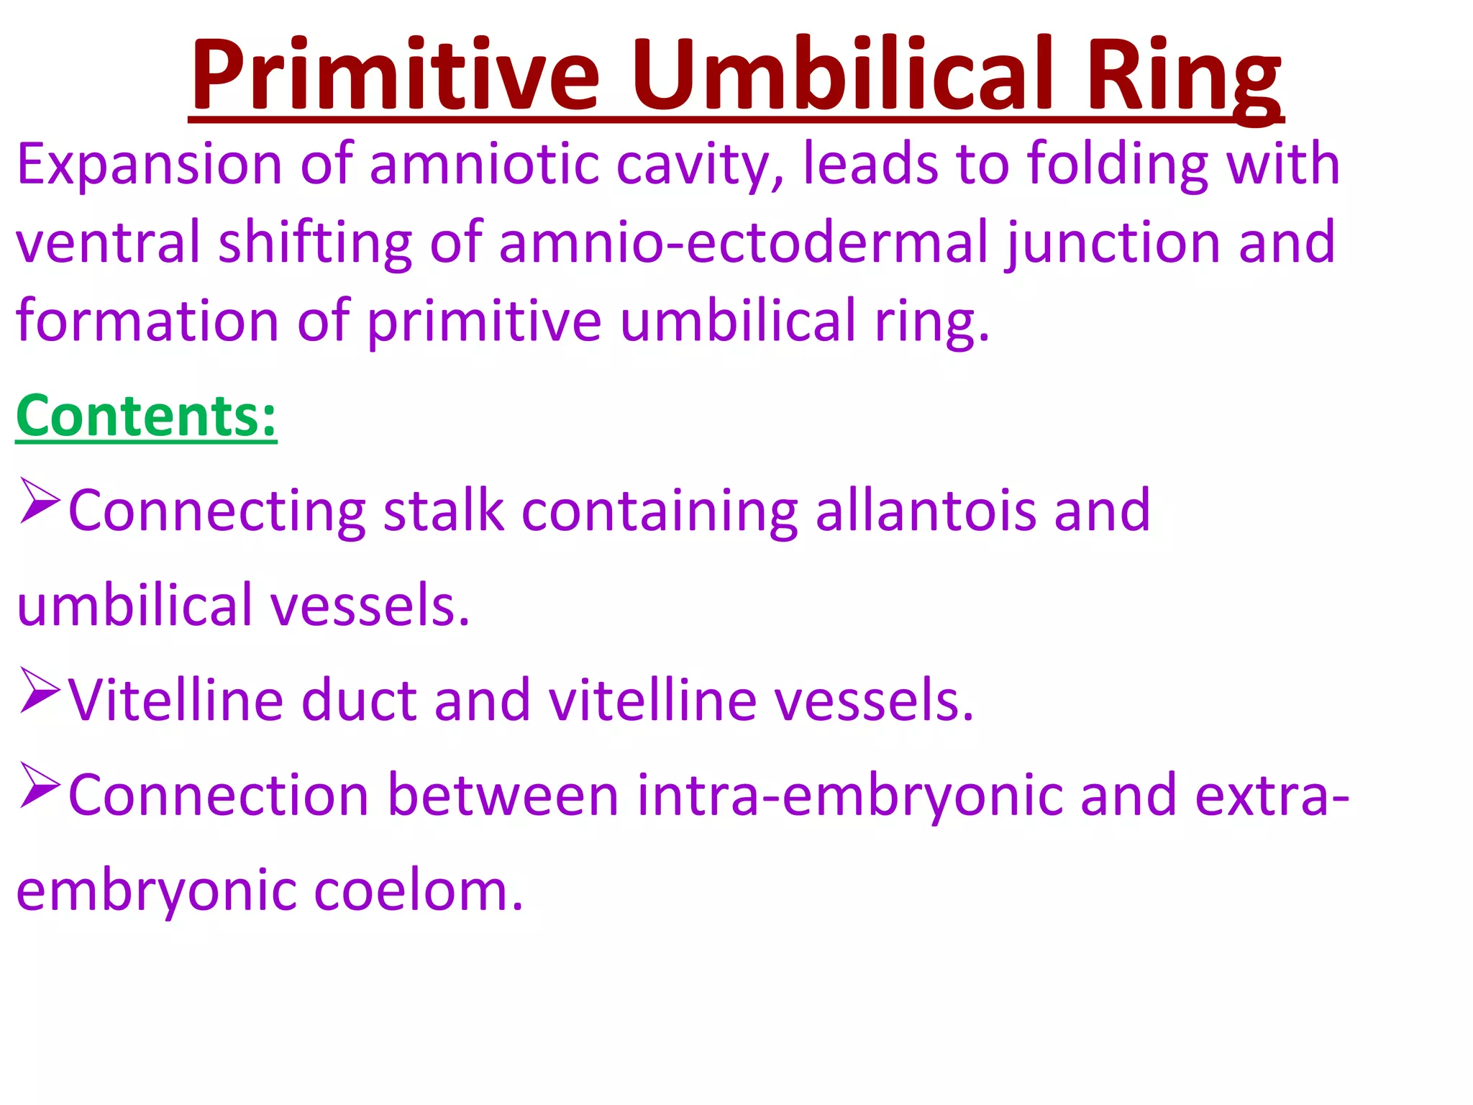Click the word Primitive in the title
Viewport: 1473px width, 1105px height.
pyautogui.click(x=394, y=76)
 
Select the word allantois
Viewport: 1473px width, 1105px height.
pyautogui.click(x=926, y=511)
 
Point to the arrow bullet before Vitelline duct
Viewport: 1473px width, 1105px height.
pyautogui.click(x=39, y=691)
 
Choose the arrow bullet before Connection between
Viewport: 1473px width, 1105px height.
pyautogui.click(x=39, y=786)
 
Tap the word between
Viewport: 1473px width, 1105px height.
pyautogui.click(x=503, y=796)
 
